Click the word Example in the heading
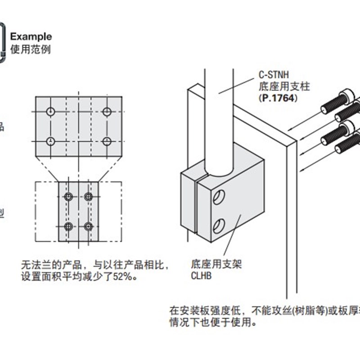(x=31, y=36)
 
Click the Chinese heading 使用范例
(x=30, y=49)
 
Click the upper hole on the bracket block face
(x=219, y=198)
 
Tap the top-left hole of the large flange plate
(x=51, y=112)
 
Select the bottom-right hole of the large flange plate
(x=107, y=141)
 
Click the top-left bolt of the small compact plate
(x=68, y=197)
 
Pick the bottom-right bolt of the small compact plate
(x=89, y=226)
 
